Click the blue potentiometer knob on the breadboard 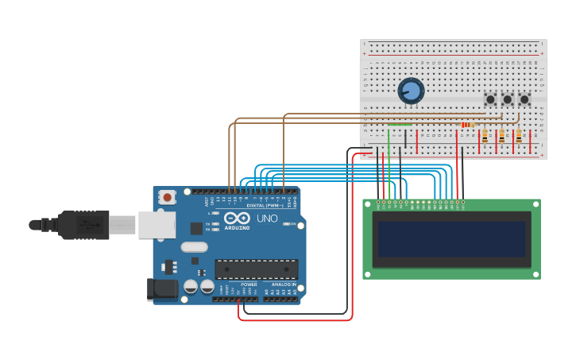tap(411, 91)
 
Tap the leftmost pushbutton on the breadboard tap(490, 99)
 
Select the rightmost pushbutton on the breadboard tap(524, 99)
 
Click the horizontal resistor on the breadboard tap(467, 125)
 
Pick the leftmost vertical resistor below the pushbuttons tap(485, 137)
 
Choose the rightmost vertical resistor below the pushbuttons tap(519, 137)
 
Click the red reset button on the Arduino tap(167, 197)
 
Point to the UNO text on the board tap(267, 219)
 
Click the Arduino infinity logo tap(237, 219)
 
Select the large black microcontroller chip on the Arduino tap(256, 269)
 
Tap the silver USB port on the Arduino tap(157, 224)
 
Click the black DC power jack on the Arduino tap(162, 289)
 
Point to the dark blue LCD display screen tap(451, 239)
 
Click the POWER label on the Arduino tap(249, 285)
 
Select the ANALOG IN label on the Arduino tap(283, 285)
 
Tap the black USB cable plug tap(83, 225)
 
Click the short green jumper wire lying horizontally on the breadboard tap(400, 125)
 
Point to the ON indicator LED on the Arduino tap(292, 224)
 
